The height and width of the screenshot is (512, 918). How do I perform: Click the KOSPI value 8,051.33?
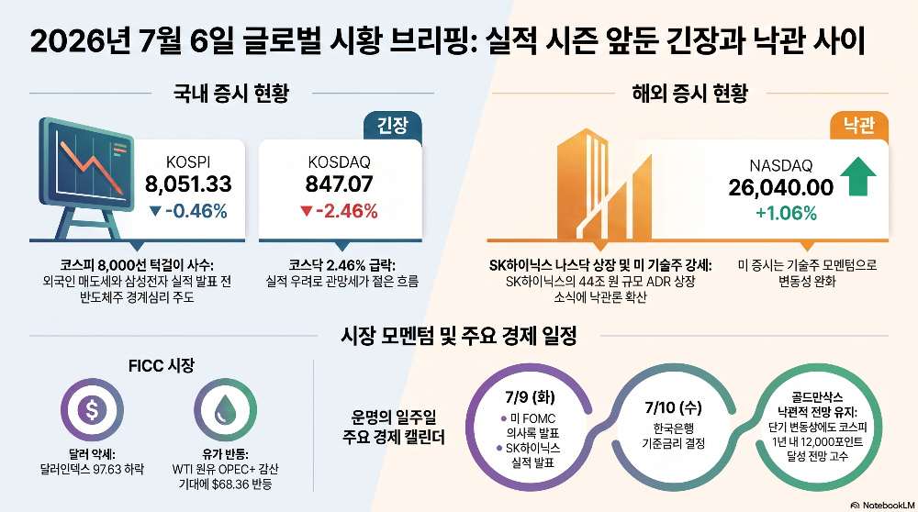(188, 184)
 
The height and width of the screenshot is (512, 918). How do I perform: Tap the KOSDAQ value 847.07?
(339, 184)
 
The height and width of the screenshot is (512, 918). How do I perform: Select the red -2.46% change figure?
(339, 211)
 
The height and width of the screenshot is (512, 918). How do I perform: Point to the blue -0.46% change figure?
(188, 211)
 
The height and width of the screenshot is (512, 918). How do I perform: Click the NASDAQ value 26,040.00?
(781, 188)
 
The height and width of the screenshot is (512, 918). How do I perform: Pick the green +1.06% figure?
(787, 213)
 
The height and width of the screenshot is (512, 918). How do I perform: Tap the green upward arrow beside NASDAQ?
(858, 176)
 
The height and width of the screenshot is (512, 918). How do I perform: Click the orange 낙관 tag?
(859, 125)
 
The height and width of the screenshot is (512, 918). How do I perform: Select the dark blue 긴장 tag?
(392, 125)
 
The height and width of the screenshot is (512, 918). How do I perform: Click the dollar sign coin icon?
(92, 409)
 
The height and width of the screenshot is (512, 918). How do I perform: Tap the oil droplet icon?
(226, 409)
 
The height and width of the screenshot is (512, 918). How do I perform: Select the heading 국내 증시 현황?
(231, 93)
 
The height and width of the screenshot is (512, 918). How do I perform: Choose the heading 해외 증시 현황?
(689, 93)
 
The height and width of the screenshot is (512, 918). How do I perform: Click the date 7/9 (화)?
(531, 397)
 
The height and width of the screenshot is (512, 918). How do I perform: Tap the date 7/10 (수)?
(673, 407)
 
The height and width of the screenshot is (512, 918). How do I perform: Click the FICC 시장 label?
(162, 366)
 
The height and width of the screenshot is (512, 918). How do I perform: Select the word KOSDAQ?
(339, 161)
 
